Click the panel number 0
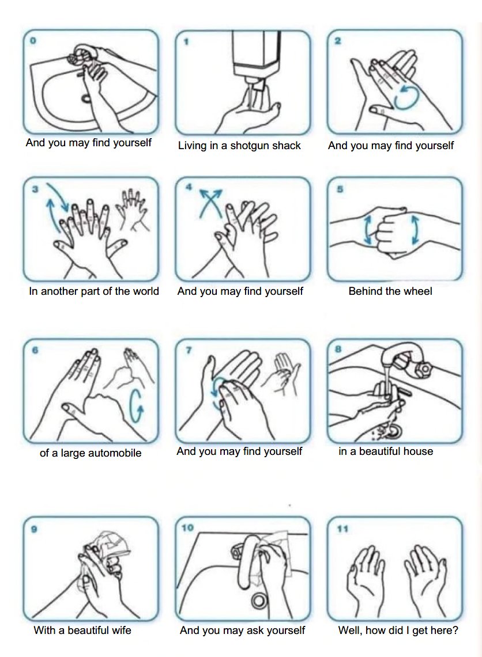[33, 41]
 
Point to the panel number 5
[340, 189]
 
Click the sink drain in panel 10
[259, 602]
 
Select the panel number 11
[342, 529]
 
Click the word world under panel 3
[145, 291]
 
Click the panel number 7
[189, 350]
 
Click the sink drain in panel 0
[86, 99]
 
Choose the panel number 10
[187, 527]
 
